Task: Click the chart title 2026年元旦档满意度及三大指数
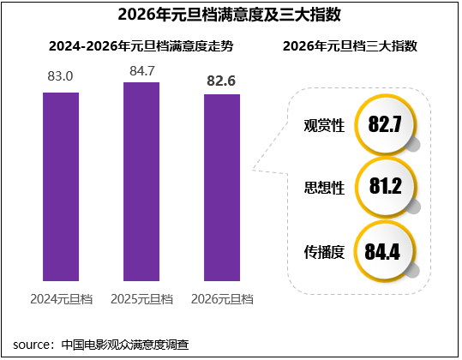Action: coord(231,15)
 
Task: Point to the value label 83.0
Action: coord(61,77)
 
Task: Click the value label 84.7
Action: coord(141,68)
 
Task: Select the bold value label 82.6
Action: coord(222,81)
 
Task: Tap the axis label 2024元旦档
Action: coord(61,299)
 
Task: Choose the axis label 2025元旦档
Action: coord(141,299)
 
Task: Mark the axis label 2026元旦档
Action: coord(222,299)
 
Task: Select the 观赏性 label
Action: coord(325,125)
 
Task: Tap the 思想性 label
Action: coord(325,188)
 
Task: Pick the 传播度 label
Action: coord(325,252)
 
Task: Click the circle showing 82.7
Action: coord(385,124)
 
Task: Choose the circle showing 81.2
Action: coord(385,187)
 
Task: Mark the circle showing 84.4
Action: coord(385,251)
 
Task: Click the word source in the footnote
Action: coord(32,345)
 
